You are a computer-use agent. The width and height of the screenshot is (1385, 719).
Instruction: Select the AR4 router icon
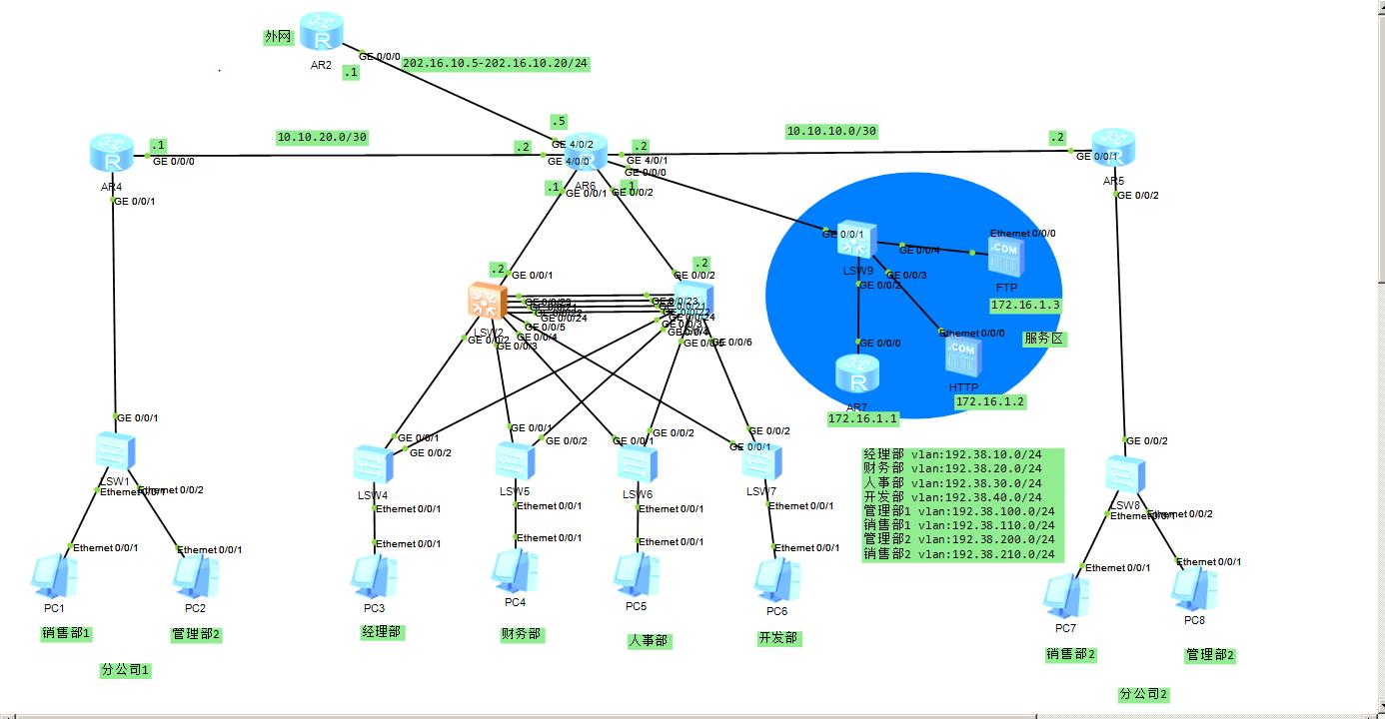click(x=110, y=155)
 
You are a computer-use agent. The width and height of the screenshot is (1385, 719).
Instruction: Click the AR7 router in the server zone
click(x=855, y=375)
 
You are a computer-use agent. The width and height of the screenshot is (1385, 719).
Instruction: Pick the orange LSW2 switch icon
click(x=488, y=303)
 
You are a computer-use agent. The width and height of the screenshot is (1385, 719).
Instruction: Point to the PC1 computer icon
click(x=53, y=576)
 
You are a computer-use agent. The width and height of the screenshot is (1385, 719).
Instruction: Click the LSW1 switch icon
click(x=109, y=451)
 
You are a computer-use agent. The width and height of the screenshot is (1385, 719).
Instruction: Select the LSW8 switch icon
click(x=1125, y=474)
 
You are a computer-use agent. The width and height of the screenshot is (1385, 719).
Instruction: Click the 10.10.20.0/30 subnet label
click(x=322, y=138)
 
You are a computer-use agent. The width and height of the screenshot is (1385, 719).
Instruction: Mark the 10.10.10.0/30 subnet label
click(x=830, y=131)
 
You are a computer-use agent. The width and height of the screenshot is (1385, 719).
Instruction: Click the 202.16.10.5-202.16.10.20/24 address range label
click(x=495, y=64)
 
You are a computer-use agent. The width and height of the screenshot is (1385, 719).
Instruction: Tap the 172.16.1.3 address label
click(x=1025, y=305)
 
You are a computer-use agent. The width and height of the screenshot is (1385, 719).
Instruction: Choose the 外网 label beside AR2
click(x=278, y=37)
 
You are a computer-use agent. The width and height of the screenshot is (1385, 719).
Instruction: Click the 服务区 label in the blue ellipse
click(x=1044, y=339)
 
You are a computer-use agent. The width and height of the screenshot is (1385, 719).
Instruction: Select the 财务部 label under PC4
click(x=521, y=634)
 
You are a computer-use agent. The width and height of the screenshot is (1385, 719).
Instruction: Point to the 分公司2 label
click(x=1143, y=694)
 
